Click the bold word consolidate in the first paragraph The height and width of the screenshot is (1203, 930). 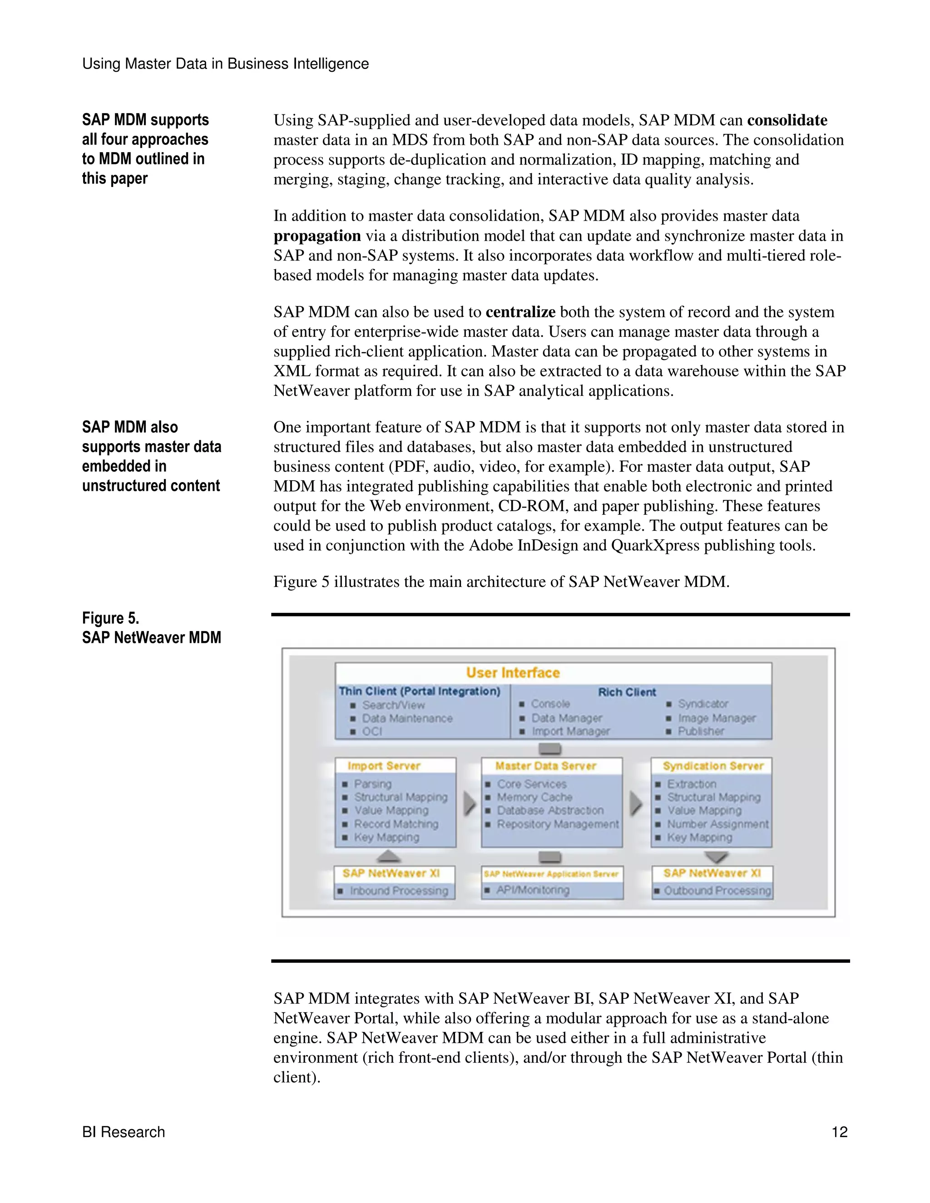[787, 120]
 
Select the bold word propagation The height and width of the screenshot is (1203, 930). [317, 236]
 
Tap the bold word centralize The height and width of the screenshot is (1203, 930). [520, 312]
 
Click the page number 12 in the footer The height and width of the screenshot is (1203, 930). [839, 1132]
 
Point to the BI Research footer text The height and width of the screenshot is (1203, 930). [124, 1132]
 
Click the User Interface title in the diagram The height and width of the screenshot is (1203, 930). [512, 673]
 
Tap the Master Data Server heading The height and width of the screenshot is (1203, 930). [545, 766]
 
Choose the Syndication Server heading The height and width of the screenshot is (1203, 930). [713, 766]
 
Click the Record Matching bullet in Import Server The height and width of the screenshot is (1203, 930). [396, 824]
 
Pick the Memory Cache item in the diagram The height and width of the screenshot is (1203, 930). [534, 797]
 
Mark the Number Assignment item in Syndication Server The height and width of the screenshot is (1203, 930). [717, 824]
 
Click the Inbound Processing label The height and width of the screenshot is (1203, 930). [398, 891]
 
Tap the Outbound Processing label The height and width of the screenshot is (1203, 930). [717, 891]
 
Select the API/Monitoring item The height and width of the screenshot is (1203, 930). [532, 890]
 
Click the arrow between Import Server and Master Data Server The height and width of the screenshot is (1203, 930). [470, 804]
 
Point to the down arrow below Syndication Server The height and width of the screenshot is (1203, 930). [716, 857]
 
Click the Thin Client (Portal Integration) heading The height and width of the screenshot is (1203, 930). [419, 691]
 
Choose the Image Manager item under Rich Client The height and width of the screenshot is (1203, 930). [716, 718]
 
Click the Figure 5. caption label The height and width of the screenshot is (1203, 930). [110, 618]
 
